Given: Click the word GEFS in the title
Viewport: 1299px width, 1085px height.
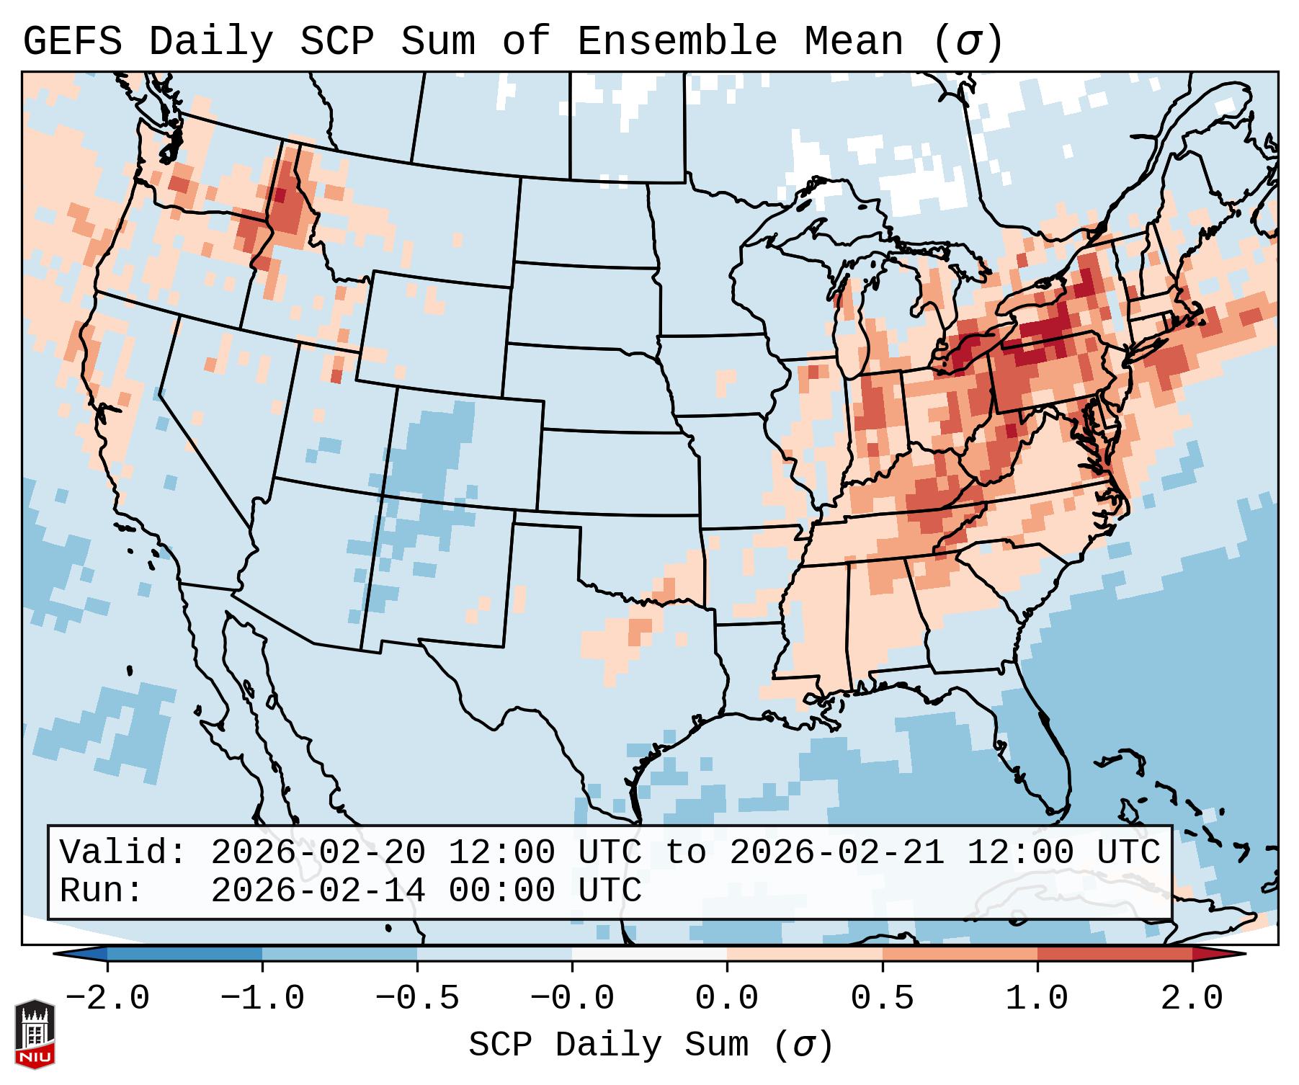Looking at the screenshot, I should pos(72,42).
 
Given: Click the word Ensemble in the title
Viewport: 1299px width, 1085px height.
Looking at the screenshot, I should pos(677,42).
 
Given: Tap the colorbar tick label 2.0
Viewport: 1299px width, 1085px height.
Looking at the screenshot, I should pos(1192,998).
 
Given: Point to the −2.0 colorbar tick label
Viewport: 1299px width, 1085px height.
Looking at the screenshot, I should pos(107,998).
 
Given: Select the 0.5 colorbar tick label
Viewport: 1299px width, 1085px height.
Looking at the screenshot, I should pos(882,998).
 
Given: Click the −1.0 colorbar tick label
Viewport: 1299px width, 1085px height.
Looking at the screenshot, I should pos(262,998).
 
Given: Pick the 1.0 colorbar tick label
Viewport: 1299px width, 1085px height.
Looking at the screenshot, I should pos(1037,998).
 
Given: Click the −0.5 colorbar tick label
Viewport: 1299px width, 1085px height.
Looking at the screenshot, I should pos(417,998).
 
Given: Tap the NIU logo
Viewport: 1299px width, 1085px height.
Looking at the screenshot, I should pos(35,1034).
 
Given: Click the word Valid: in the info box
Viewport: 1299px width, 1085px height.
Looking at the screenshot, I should pos(122,852).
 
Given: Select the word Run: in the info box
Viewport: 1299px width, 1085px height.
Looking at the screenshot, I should pos(101,890).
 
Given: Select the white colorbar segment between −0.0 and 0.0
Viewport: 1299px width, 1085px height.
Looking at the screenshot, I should pos(649,954).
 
